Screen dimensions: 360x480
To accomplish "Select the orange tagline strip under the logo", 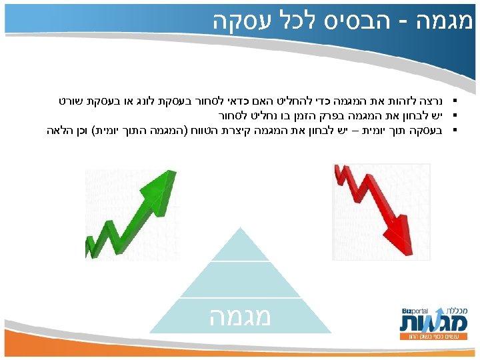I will tap(430, 337).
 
